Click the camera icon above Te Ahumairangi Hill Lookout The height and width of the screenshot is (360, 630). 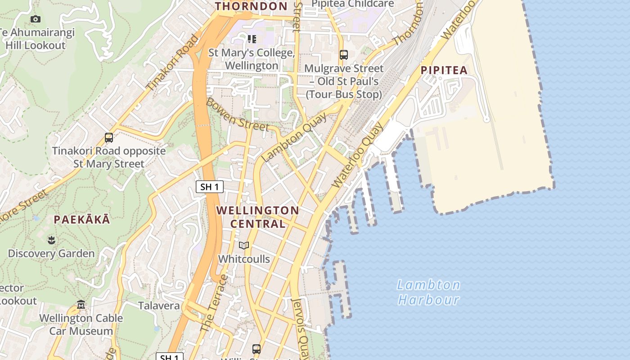pyautogui.click(x=36, y=19)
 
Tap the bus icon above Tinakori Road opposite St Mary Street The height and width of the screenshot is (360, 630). pyautogui.click(x=109, y=138)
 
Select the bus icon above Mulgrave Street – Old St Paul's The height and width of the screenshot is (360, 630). pyautogui.click(x=344, y=55)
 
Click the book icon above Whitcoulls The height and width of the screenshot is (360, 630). pyautogui.click(x=244, y=246)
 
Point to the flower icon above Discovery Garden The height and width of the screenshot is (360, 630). pyautogui.click(x=51, y=240)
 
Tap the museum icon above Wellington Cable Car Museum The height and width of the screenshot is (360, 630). pyautogui.click(x=81, y=305)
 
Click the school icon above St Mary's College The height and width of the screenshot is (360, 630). pyautogui.click(x=252, y=40)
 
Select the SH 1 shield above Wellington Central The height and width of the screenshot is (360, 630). pyautogui.click(x=210, y=187)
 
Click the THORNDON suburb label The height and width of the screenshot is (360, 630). pyautogui.click(x=251, y=6)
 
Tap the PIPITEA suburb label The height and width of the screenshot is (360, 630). pyautogui.click(x=444, y=70)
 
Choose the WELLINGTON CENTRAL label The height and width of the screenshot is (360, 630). pyautogui.click(x=258, y=217)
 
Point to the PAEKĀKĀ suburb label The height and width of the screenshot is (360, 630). pyautogui.click(x=81, y=220)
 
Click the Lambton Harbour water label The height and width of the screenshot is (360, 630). pyautogui.click(x=428, y=292)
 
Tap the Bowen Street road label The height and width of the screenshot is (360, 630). pyautogui.click(x=237, y=115)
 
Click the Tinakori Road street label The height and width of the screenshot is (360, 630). pyautogui.click(x=172, y=63)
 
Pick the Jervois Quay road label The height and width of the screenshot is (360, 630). pyautogui.click(x=300, y=328)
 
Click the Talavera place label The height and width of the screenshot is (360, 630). pyautogui.click(x=159, y=306)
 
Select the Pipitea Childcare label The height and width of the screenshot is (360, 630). pyautogui.click(x=353, y=4)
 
